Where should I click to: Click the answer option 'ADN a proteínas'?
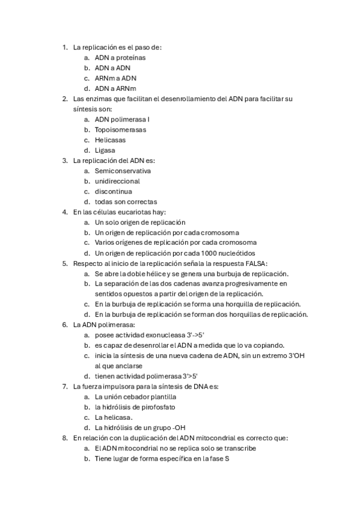[x=120, y=58]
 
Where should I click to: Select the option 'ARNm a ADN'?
[x=115, y=78]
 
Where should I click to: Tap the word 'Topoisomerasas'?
[x=120, y=129]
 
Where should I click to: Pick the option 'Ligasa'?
[x=105, y=150]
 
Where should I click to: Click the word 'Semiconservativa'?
[x=123, y=171]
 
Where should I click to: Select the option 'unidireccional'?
[x=117, y=181]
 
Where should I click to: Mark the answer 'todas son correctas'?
[x=126, y=201]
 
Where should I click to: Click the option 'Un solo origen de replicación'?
[x=140, y=222]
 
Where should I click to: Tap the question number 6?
[x=65, y=324]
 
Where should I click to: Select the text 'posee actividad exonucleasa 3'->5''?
[x=153, y=335]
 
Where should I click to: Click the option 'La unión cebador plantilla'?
[x=135, y=397]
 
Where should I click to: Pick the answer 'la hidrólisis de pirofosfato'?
[x=135, y=407]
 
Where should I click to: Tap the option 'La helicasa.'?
[x=114, y=417]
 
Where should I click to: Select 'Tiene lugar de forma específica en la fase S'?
[x=162, y=458]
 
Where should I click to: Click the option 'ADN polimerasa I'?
[x=122, y=119]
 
